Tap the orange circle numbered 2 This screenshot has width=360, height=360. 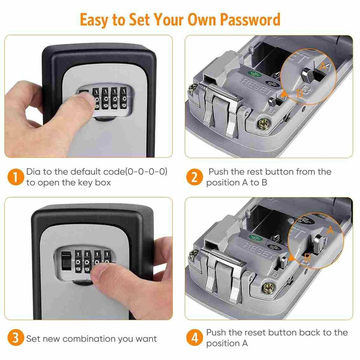194,177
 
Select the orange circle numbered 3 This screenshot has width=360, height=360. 15,339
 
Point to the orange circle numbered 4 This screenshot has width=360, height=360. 194,339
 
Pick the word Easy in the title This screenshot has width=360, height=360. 94,20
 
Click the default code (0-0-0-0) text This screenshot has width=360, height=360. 147,172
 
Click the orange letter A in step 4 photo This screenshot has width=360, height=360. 329,230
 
